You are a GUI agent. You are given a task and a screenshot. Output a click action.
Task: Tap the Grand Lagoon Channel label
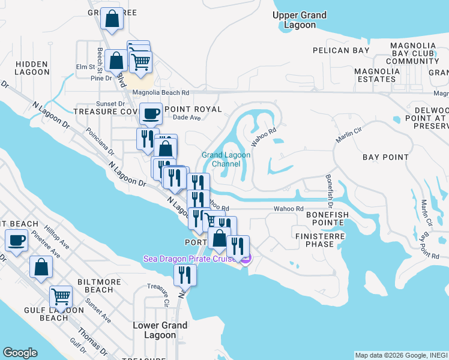tap(226, 159)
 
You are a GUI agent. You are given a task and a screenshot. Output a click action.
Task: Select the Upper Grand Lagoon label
tap(300, 20)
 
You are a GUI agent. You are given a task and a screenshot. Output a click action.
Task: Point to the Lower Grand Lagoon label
tap(160, 330)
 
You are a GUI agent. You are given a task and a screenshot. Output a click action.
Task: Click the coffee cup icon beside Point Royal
tap(151, 112)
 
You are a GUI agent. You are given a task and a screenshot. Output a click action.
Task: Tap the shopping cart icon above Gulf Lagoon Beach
tap(61, 296)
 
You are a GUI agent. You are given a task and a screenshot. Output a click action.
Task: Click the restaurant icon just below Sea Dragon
tap(185, 275)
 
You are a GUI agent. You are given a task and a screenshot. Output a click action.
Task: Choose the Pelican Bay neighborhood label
tap(341, 50)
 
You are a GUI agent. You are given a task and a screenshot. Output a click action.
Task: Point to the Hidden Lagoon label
tap(32, 68)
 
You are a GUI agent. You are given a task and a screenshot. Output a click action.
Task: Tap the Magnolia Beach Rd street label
tap(160, 93)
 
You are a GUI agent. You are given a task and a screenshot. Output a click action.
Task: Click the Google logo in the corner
tap(20, 353)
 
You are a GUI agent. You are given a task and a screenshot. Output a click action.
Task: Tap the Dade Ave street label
tap(186, 118)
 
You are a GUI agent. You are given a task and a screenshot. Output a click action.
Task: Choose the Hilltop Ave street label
tap(58, 238)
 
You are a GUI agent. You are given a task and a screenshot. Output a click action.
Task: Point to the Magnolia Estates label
tap(377, 75)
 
